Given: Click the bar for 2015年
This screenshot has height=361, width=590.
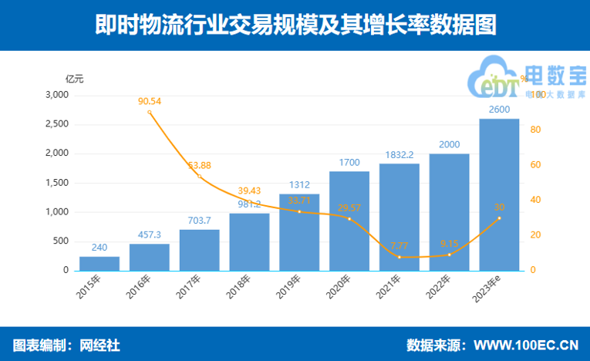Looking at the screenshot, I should pos(99,263).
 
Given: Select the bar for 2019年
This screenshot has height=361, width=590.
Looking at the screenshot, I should pos(299,231).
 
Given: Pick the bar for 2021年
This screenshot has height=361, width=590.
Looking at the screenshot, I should pos(399,217).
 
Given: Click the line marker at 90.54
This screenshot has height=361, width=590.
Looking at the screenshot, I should pos(150,113).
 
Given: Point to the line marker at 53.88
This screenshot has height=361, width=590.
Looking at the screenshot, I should pos(200,177).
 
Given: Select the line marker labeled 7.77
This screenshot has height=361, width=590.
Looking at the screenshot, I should pos(399,257).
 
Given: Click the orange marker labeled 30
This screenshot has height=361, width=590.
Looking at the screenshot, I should pos(499,218).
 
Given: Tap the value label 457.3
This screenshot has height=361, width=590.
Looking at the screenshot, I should pos(150,234).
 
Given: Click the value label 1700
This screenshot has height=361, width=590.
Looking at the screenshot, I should pos(349,162).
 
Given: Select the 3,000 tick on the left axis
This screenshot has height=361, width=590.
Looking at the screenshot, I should pos(57,95).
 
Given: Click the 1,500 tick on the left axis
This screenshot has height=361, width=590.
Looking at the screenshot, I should pos(57,183).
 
